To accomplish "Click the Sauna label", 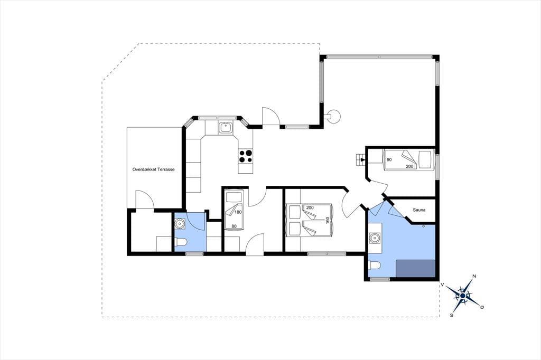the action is tap(419, 210).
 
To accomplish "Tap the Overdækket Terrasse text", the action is tap(154, 169).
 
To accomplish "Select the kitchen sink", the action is tap(226, 128).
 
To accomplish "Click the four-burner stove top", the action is tap(245, 156).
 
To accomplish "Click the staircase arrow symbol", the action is tap(361, 159).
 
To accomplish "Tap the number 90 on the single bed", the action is tap(389, 160).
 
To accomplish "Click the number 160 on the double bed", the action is tap(327, 220).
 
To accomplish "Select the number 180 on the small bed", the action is tap(238, 212).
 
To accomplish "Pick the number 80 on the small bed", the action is tap(234, 226).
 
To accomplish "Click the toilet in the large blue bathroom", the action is tap(374, 266).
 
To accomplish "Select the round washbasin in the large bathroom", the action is tap(375, 238).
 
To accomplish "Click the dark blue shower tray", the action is tap(415, 268).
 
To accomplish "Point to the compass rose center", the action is tap(463, 296).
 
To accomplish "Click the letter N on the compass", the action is tap(474, 276).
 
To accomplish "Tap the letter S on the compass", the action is tap(451, 315).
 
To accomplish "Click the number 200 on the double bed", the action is tap(310, 207).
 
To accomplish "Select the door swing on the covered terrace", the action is tap(145, 200).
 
